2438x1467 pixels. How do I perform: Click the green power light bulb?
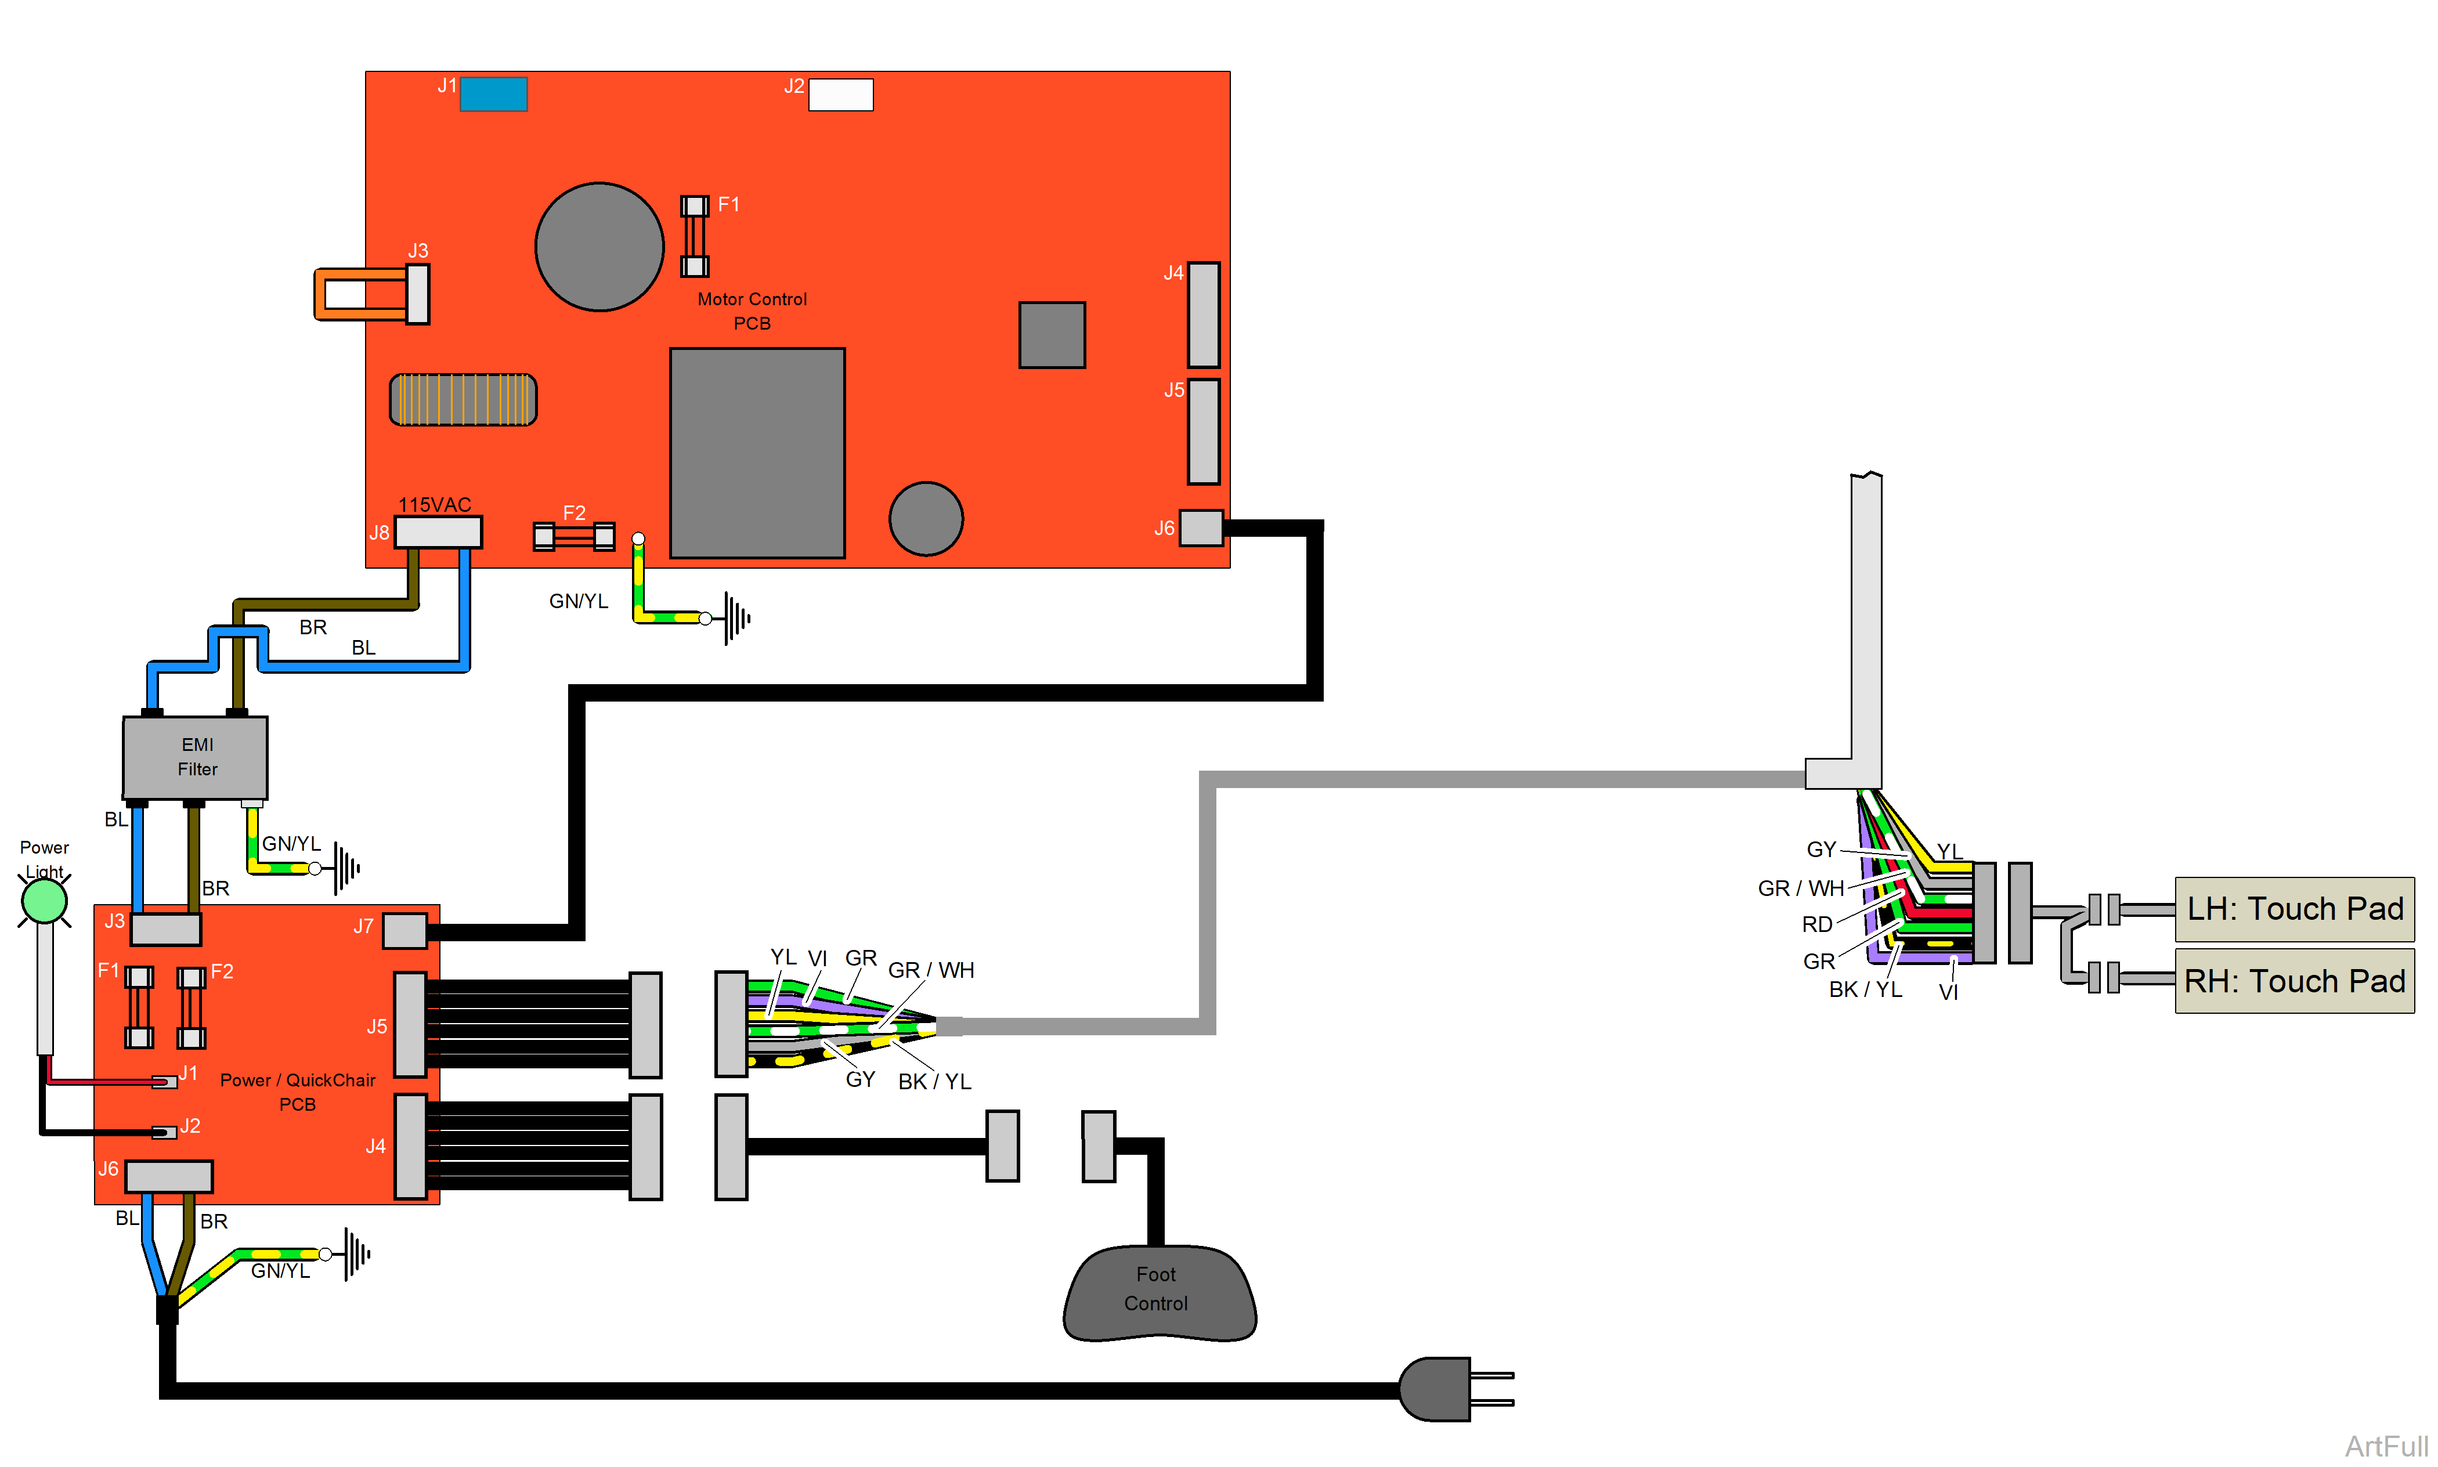45,901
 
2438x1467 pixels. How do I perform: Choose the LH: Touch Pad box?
2293,909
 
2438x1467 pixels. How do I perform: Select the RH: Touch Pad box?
2293,981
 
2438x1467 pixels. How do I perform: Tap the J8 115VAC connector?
438,532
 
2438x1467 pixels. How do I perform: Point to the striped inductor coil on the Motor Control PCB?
463,399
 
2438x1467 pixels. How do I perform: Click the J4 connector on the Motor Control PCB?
1202,315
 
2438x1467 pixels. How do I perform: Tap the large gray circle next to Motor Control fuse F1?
599,247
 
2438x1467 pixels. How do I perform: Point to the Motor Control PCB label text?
752,310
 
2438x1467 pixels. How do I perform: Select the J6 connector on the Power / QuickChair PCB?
168,1175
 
